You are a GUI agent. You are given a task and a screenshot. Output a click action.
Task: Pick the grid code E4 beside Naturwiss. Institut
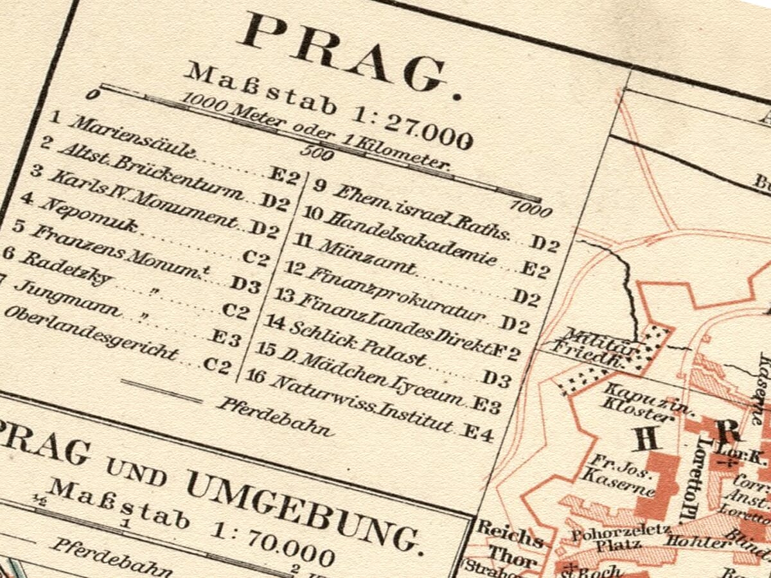pyautogui.click(x=479, y=435)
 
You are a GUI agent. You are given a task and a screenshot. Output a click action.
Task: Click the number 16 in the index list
pyautogui.click(x=256, y=375)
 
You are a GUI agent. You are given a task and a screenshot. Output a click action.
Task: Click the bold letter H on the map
pyautogui.click(x=644, y=439)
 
